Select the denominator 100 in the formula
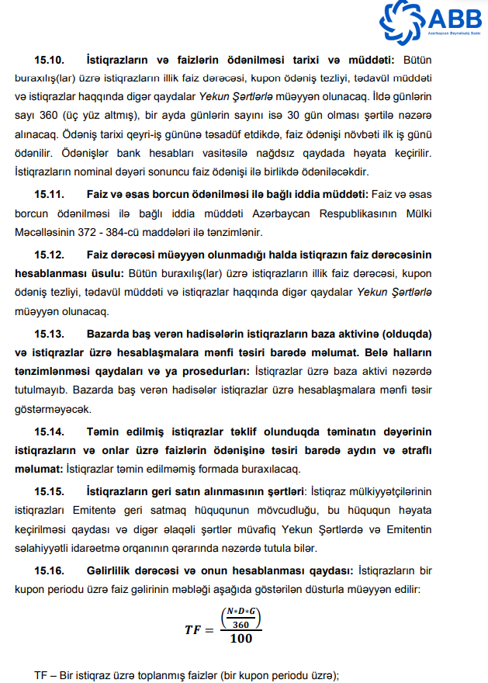pyautogui.click(x=240, y=639)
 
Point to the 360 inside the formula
pyautogui.click(x=240, y=625)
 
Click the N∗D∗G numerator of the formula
pyautogui.click(x=240, y=612)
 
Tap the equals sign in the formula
pyautogui.click(x=211, y=630)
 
